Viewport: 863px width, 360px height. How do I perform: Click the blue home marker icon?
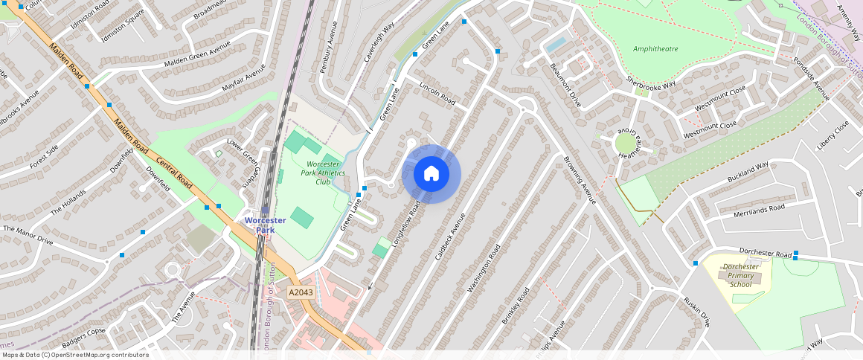pos(431,174)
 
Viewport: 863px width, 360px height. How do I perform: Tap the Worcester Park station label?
pos(266,225)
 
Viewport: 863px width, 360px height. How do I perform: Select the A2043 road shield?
pos(301,292)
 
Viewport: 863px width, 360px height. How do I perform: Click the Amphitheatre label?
pos(655,49)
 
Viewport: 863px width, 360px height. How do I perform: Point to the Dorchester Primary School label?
pos(740,275)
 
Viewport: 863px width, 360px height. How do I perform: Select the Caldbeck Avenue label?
pos(449,237)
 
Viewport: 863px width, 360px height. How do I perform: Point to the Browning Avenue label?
pos(580,180)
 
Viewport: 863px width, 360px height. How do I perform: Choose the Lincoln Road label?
pos(437,94)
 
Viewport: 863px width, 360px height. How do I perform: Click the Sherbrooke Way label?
pos(650,83)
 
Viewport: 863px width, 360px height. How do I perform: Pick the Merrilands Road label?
pos(760,210)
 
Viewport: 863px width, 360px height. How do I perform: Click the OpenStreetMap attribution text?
pos(74,355)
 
